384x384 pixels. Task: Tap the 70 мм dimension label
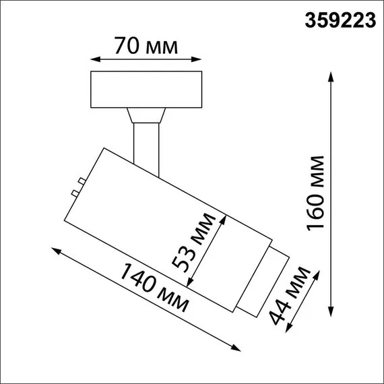point(146,46)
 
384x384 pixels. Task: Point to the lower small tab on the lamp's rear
point(75,193)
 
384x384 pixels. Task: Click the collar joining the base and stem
point(146,115)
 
